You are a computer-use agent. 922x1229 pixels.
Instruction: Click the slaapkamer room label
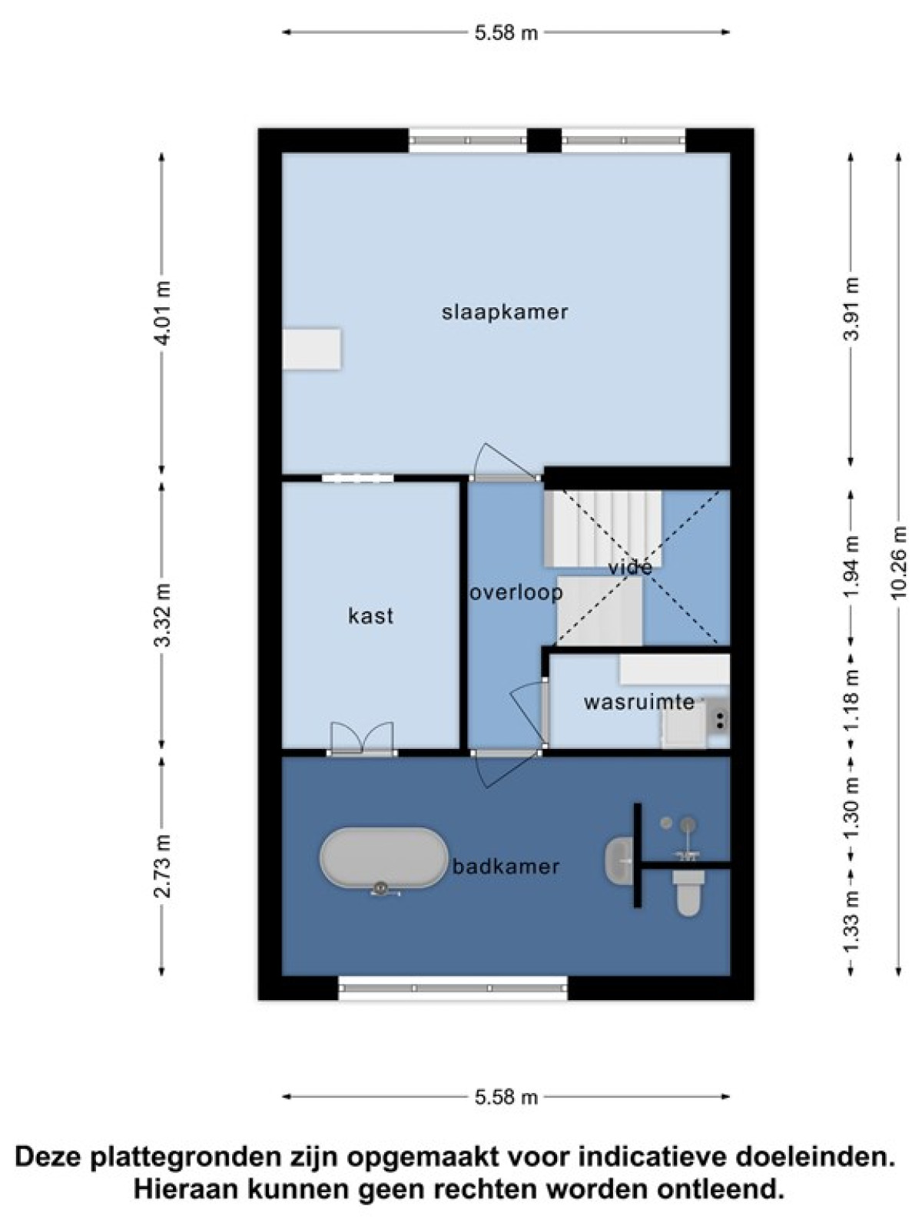pyautogui.click(x=504, y=313)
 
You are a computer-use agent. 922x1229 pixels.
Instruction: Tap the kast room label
pyautogui.click(x=370, y=616)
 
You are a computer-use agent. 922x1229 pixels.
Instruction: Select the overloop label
pyautogui.click(x=516, y=593)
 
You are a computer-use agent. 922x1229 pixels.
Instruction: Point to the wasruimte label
pyautogui.click(x=639, y=702)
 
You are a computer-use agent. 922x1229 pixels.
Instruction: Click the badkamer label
pyautogui.click(x=506, y=867)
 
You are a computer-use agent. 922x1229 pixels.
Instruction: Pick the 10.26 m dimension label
pyautogui.click(x=898, y=562)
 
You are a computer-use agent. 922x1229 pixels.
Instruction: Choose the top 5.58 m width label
pyautogui.click(x=506, y=33)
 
